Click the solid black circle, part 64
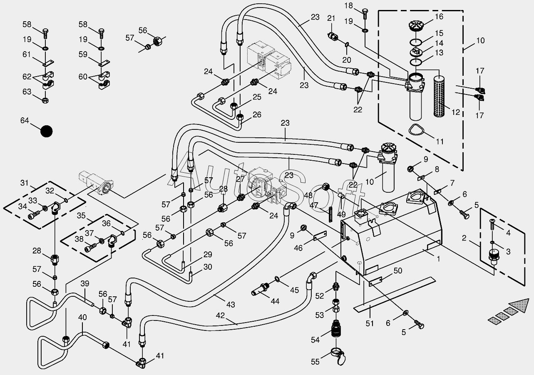point(47,131)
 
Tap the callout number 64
point(25,121)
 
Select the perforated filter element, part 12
point(439,96)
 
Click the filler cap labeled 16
point(416,26)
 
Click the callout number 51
point(370,323)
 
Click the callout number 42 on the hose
point(220,315)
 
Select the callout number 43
point(231,304)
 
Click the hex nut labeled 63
point(45,100)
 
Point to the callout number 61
point(27,55)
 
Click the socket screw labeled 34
point(33,216)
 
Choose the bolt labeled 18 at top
point(365,14)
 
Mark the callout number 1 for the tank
point(438,258)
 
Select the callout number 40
point(82,317)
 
